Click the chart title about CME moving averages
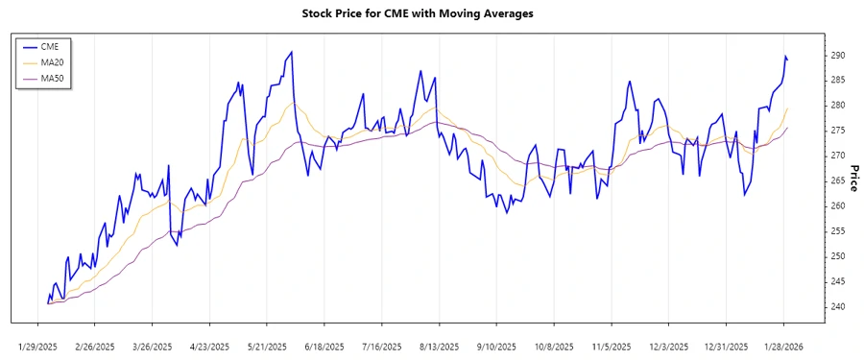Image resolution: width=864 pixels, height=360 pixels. coord(431,14)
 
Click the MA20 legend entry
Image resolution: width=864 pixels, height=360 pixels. coord(53,62)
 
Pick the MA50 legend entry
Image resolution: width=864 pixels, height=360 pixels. coord(53,79)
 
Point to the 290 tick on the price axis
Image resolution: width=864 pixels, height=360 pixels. coord(838,55)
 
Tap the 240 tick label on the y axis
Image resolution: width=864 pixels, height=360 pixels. coord(838,306)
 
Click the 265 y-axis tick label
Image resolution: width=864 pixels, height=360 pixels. coord(838,180)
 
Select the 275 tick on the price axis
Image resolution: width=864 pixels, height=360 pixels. coord(838,131)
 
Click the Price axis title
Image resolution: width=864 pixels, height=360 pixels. coord(854,179)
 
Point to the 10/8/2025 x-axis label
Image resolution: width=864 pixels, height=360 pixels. coord(554,346)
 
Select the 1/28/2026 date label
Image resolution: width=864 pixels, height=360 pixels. coord(783,346)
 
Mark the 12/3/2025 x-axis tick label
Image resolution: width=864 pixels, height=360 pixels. coord(668,346)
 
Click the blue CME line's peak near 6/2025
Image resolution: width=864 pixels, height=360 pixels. coord(292,52)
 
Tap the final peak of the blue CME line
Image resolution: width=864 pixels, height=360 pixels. coord(785,57)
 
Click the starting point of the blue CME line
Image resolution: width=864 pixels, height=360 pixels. coord(47,302)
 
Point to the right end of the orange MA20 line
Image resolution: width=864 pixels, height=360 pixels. coord(788,108)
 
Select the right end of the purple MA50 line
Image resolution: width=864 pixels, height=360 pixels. coord(788,127)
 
